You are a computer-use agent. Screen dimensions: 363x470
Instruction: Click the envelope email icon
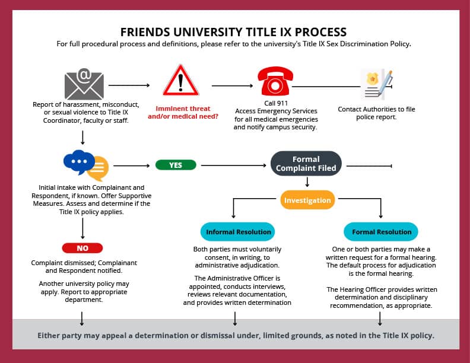click(84, 84)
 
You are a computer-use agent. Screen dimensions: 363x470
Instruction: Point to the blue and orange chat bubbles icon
click(85, 165)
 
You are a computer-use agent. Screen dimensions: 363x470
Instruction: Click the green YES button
click(176, 165)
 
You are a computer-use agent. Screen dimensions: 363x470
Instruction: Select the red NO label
click(82, 248)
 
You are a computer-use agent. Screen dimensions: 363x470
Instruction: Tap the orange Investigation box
click(307, 200)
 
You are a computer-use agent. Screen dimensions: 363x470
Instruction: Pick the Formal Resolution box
click(381, 232)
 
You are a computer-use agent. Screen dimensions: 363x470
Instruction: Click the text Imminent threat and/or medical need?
click(183, 113)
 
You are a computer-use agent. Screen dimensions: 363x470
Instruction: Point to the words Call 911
click(275, 103)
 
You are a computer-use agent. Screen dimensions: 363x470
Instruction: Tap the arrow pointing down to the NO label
click(82, 227)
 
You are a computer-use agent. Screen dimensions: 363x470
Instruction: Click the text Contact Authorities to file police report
click(376, 113)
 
